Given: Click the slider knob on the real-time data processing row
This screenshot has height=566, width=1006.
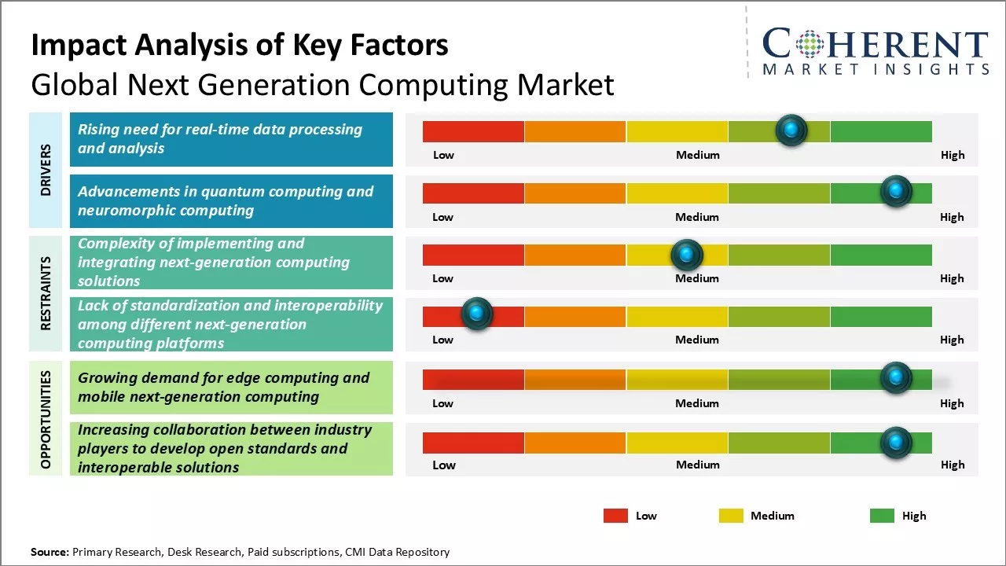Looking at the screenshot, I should coord(791,130).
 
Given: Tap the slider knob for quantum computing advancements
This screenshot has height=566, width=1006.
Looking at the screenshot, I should coord(895,192).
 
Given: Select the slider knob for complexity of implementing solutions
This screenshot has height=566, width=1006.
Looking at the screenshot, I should coord(687,255).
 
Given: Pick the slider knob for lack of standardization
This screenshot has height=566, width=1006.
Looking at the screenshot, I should coord(476,314).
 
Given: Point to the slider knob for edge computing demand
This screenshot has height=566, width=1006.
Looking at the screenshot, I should coord(895,378).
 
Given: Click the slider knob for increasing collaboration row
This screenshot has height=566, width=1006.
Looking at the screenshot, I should coord(895,443).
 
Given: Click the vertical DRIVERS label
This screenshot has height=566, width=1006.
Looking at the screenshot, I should coord(46,170).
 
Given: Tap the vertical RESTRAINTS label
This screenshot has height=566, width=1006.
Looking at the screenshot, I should coord(46,293).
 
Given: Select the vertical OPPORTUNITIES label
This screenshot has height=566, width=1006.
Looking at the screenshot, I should coord(46,420).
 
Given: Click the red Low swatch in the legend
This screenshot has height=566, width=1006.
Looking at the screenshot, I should coord(615,516).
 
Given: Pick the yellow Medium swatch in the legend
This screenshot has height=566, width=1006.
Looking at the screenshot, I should coord(731,516).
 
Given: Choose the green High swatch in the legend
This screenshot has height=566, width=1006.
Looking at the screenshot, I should coord(882,516).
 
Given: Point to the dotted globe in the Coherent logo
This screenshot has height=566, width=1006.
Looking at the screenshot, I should coord(810,44).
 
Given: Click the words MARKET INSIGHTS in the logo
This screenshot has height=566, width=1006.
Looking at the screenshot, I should coord(876,70).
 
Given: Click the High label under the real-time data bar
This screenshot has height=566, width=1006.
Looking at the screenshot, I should coord(953,155).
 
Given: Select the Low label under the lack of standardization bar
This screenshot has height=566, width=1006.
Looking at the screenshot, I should coord(443,340).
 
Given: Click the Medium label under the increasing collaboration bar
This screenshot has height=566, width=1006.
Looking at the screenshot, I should coord(697,465).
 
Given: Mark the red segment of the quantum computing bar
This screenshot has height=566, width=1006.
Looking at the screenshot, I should coord(473,193).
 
